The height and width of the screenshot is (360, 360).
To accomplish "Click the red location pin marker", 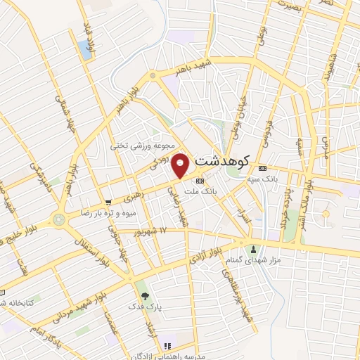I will (x=181, y=165).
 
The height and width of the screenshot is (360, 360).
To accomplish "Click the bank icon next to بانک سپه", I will (x=262, y=169).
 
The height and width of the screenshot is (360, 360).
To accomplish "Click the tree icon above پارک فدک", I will (x=145, y=296).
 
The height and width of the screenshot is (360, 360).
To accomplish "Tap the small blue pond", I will (x=85, y=49).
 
